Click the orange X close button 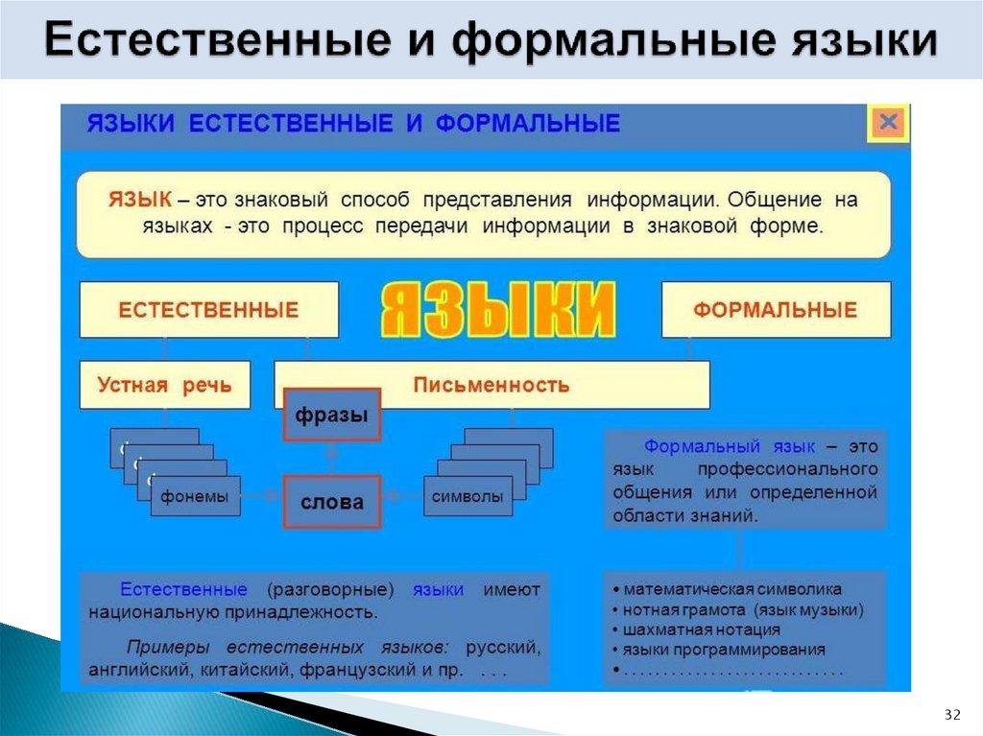[888, 123]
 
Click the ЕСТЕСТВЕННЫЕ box [208, 310]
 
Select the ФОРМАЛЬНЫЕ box [776, 310]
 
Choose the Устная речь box [164, 385]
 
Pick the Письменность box [491, 385]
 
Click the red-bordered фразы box [331, 415]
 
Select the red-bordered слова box [331, 502]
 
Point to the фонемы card [195, 497]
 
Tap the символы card [468, 497]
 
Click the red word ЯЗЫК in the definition [140, 200]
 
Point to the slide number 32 [952, 715]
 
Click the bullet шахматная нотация [701, 629]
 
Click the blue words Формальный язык [729, 447]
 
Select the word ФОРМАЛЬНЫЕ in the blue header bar [528, 124]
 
